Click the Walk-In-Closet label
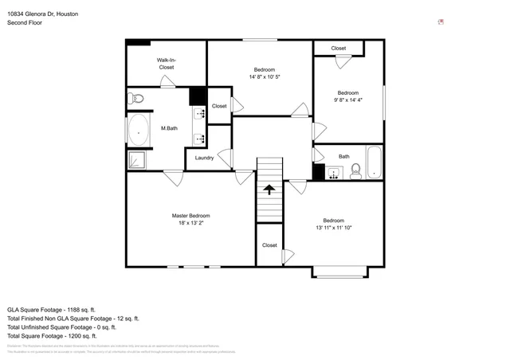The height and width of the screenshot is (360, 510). (x=166, y=64)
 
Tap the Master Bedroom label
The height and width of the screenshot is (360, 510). (x=191, y=216)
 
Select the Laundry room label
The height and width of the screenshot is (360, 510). (x=205, y=158)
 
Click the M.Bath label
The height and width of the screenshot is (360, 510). (x=168, y=129)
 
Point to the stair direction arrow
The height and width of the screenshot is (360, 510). (x=269, y=190)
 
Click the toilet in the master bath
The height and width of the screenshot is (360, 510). (x=136, y=99)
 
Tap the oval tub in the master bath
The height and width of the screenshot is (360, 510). (x=139, y=128)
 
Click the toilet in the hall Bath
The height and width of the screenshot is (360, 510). (x=356, y=171)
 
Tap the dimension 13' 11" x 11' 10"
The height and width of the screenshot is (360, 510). (x=333, y=228)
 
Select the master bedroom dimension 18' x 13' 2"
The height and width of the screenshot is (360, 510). (x=191, y=224)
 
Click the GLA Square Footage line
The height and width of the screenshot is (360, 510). (x=52, y=309)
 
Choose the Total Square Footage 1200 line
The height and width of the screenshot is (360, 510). (x=52, y=335)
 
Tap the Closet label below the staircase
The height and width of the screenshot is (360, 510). (x=269, y=245)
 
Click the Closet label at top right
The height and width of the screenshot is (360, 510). (x=339, y=49)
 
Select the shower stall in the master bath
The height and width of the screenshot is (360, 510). (x=138, y=159)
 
